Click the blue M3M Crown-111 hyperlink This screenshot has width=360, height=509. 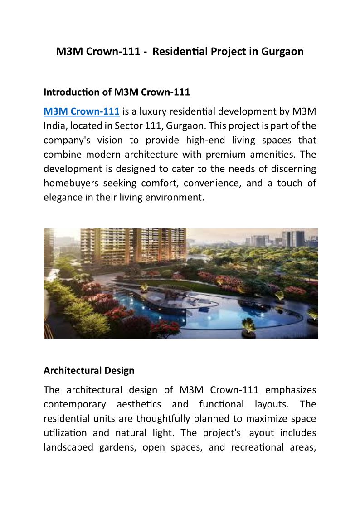(x=82, y=111)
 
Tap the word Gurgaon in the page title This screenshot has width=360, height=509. (x=282, y=52)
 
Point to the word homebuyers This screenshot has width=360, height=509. (x=70, y=184)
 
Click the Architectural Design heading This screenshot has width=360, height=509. (x=89, y=370)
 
